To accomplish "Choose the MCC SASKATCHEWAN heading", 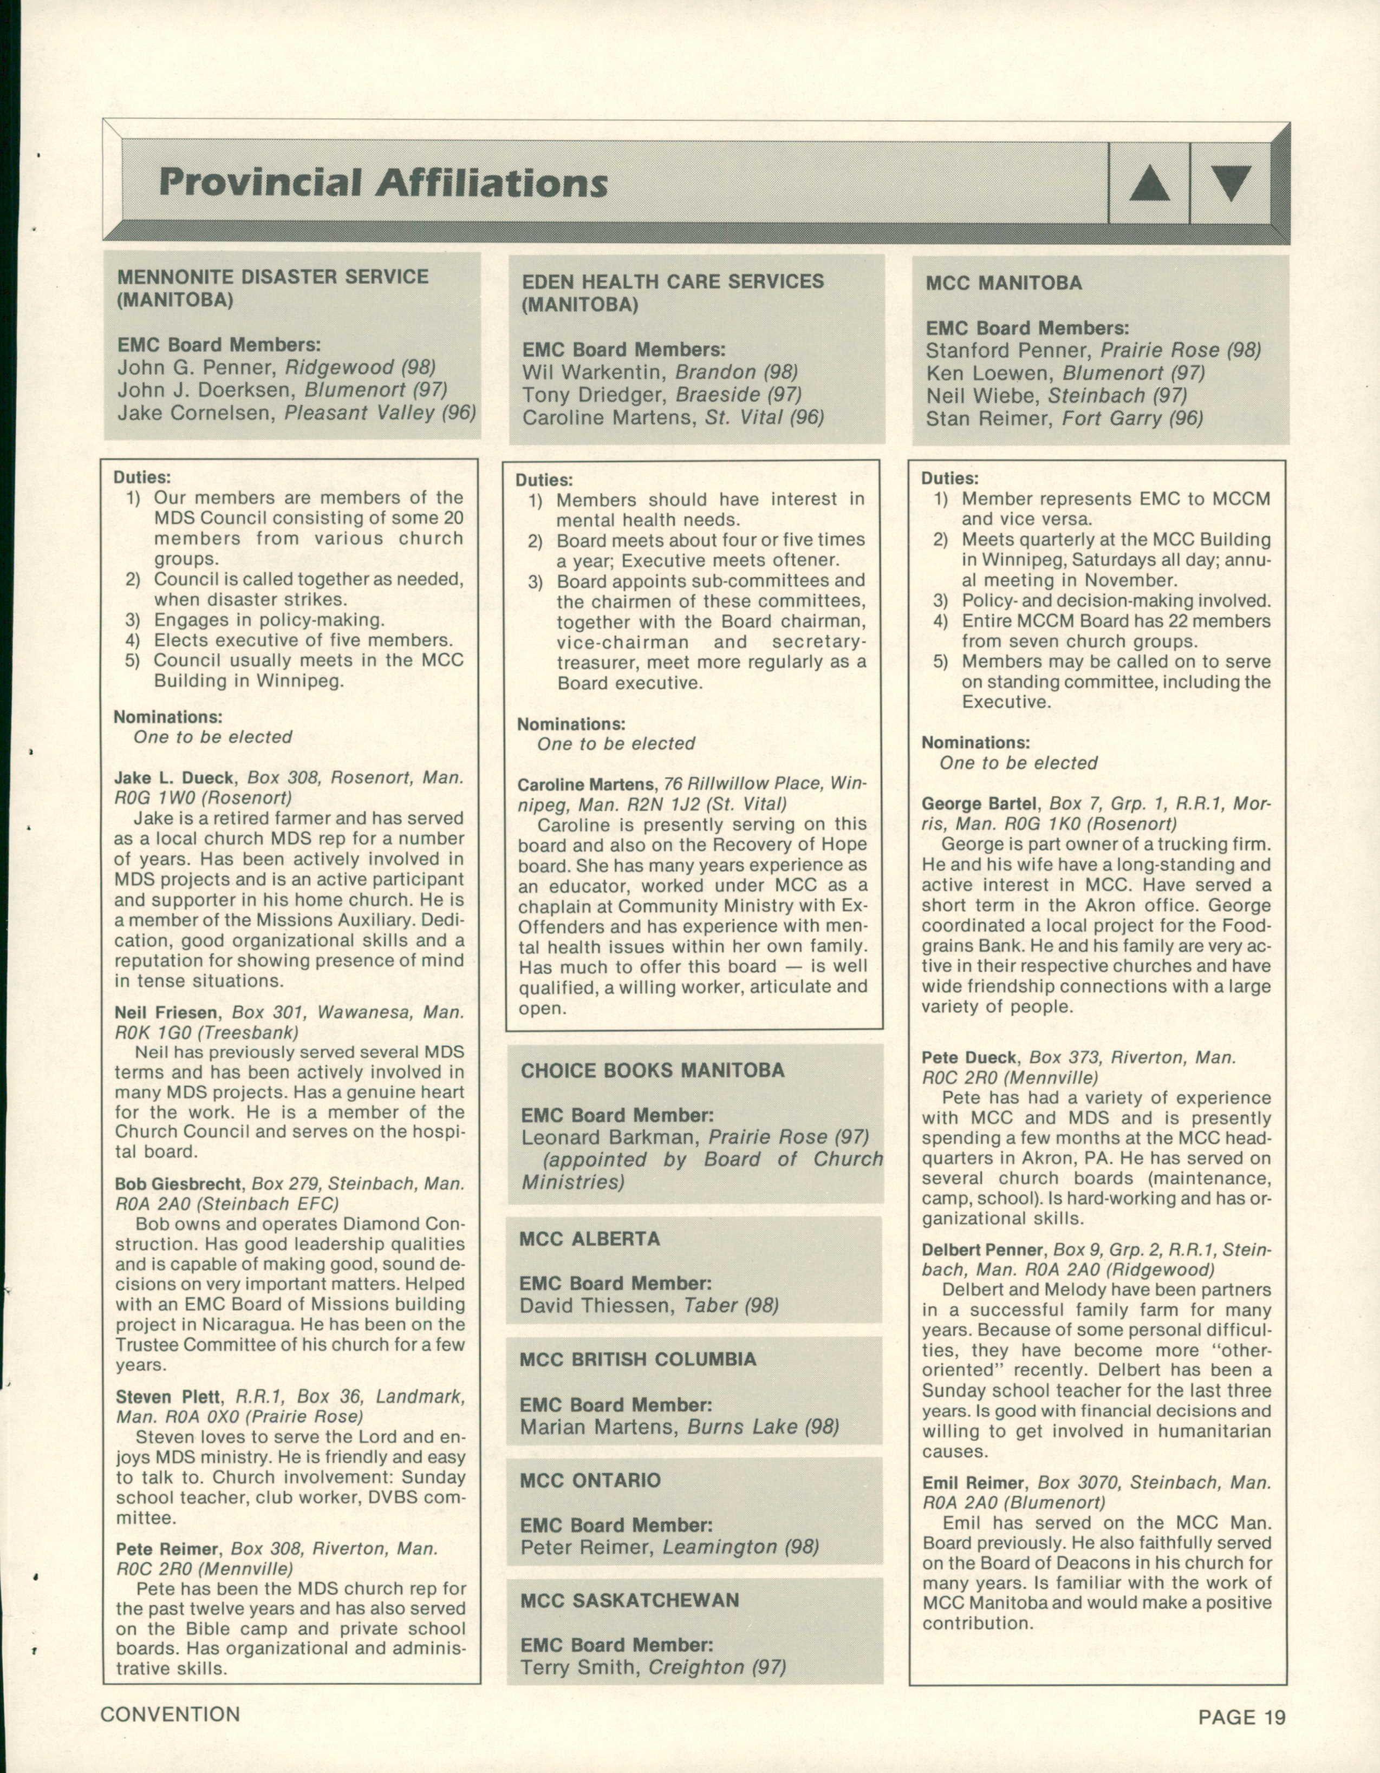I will tap(629, 1600).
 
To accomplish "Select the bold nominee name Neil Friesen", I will tap(166, 1012).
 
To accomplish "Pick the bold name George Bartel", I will tap(979, 804).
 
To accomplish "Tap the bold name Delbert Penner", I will tap(982, 1249).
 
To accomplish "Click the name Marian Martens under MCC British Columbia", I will tap(600, 1427).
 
